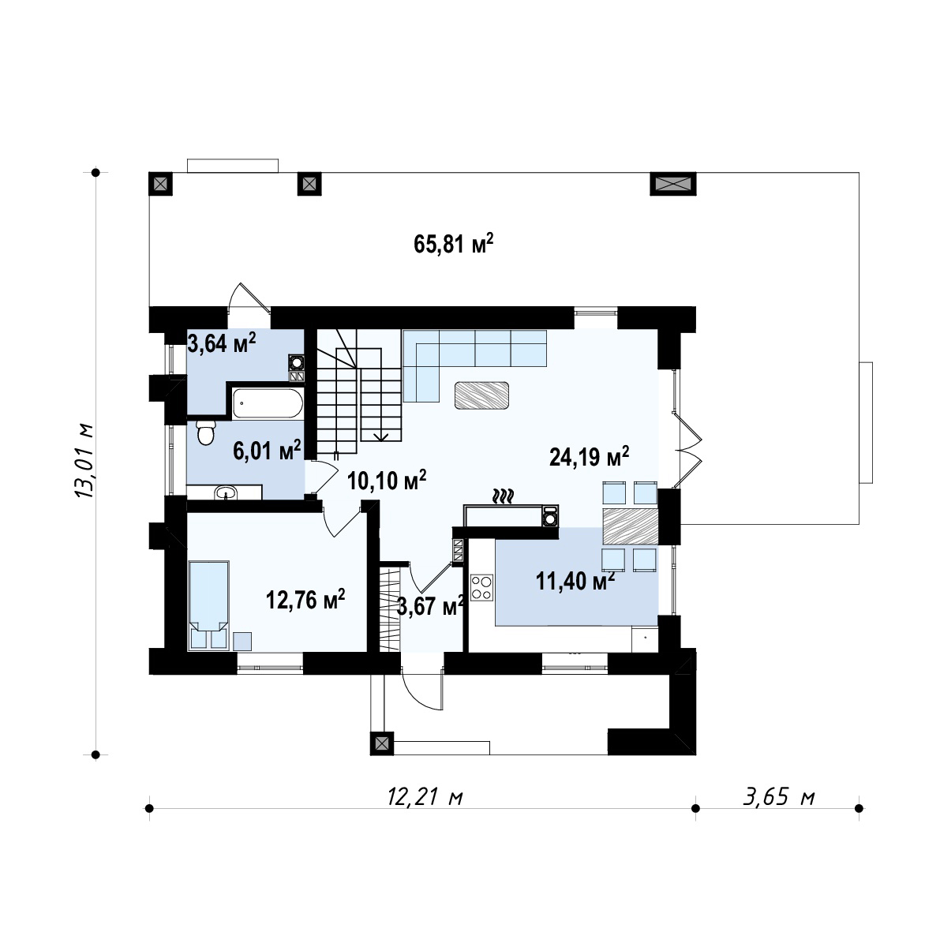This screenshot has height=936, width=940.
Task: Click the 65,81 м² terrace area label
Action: (x=453, y=244)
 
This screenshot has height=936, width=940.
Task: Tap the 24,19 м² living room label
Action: (x=589, y=457)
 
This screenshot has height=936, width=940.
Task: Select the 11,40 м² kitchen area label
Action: (x=575, y=580)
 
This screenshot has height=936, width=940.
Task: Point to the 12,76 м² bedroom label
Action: (x=305, y=599)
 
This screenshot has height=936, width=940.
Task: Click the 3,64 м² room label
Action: (x=222, y=343)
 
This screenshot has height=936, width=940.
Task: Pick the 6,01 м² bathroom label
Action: (x=267, y=451)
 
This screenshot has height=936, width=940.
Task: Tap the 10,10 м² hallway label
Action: (x=387, y=481)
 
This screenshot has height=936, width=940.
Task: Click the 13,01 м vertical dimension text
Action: (x=84, y=461)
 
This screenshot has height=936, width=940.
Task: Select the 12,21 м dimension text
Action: (x=425, y=797)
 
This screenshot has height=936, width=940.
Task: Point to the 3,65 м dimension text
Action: (x=779, y=797)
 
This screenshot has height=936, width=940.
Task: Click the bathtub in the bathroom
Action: (x=268, y=403)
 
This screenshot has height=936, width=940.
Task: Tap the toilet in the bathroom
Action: (x=206, y=432)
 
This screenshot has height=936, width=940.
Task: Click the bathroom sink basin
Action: (x=226, y=493)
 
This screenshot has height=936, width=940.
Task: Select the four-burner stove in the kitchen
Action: (x=481, y=587)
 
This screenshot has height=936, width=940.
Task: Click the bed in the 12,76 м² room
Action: (x=209, y=605)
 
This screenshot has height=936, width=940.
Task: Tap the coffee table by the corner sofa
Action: (x=481, y=395)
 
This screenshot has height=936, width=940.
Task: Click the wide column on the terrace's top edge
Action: (x=673, y=183)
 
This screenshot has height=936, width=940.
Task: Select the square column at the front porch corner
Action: (x=382, y=743)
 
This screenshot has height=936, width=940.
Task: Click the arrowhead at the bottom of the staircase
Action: (x=380, y=437)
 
